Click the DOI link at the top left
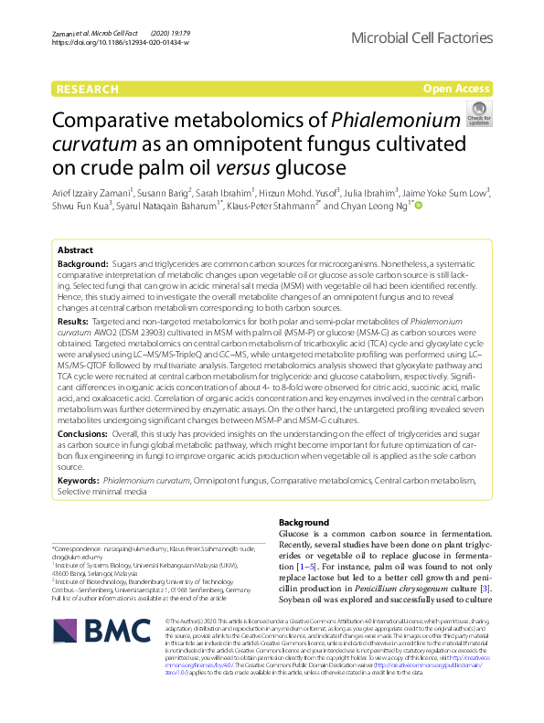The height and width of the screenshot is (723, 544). [x=104, y=43]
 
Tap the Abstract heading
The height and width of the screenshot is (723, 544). [x=76, y=250]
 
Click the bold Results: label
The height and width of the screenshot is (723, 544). [x=73, y=324]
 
